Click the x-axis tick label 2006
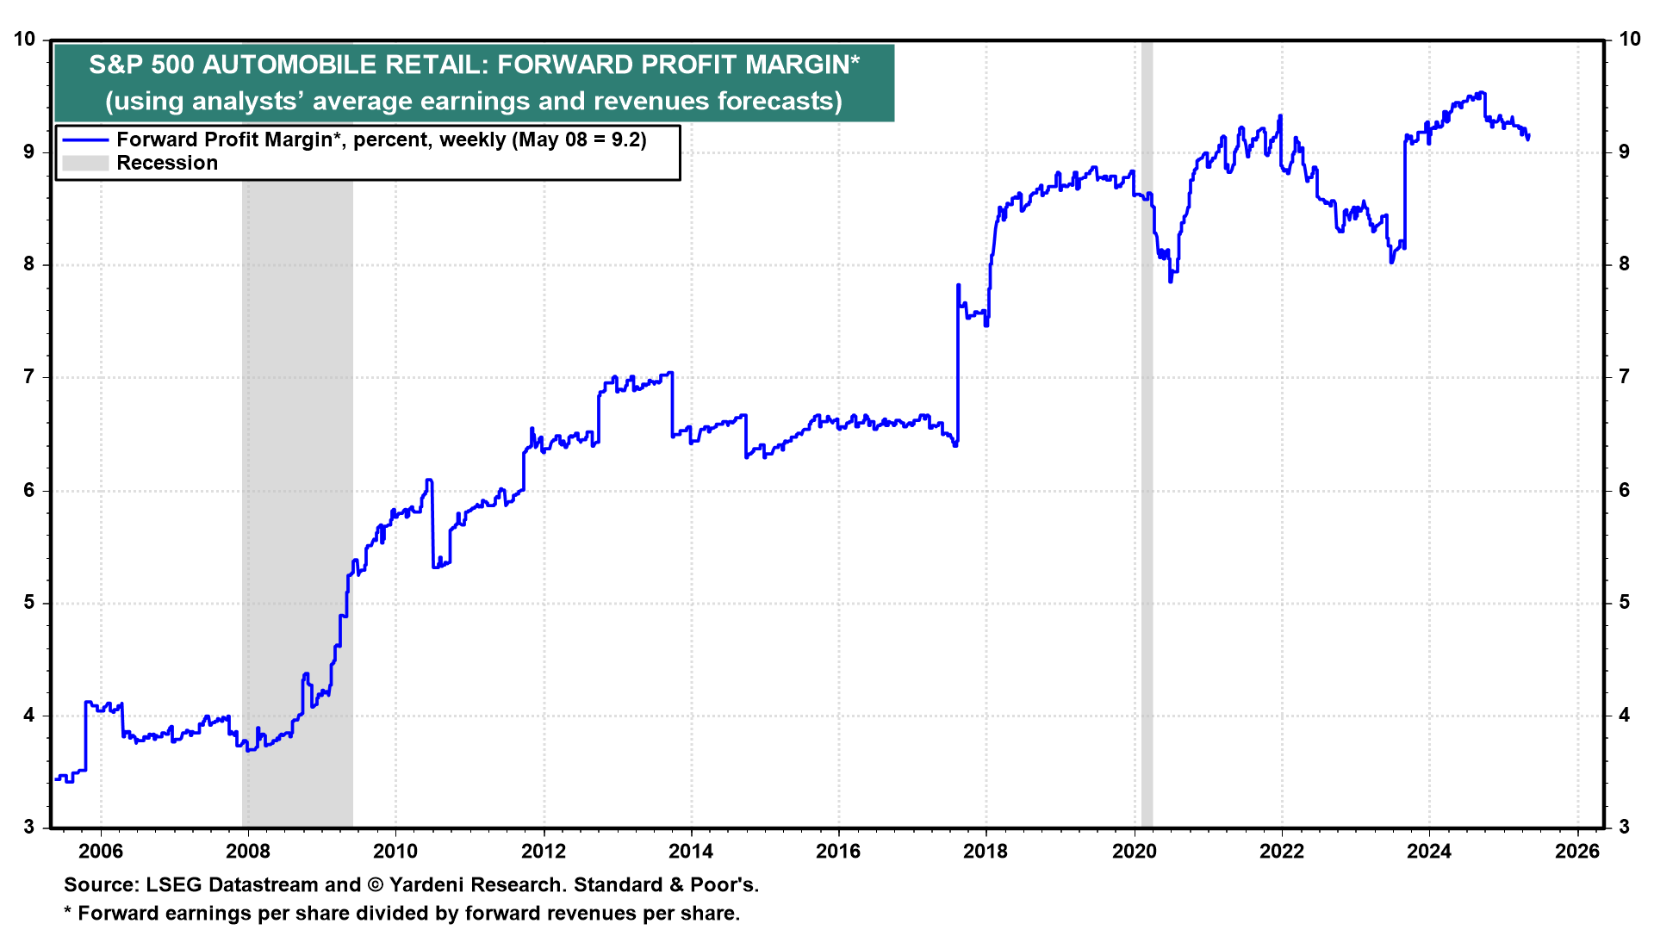tap(101, 852)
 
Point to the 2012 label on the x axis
tap(544, 852)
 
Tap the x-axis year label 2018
tap(986, 852)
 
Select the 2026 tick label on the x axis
tap(1577, 852)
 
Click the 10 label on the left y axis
tap(24, 40)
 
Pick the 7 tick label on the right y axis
tap(1624, 377)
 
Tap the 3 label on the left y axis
tap(29, 828)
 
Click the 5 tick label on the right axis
tap(1624, 603)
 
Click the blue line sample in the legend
tap(85, 140)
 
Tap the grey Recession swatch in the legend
tap(85, 164)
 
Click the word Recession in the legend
tap(167, 164)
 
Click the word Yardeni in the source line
tap(428, 885)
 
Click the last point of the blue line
tap(1528, 136)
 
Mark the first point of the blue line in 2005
tap(55, 779)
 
